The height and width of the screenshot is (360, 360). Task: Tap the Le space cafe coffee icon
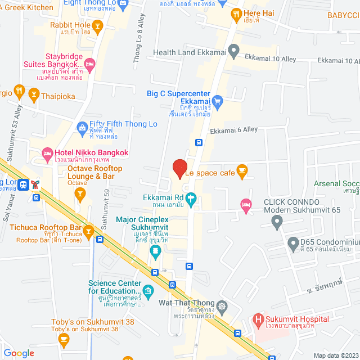[242, 173]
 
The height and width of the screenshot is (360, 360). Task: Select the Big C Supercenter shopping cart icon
[219, 101]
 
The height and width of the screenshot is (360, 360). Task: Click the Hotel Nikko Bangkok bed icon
[47, 152]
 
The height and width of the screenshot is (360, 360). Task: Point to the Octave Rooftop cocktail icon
[80, 194]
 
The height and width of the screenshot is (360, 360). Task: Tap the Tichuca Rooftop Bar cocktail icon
[89, 230]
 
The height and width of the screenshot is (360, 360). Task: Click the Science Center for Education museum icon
[148, 291]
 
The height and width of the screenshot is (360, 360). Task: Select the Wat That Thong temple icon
[223, 307]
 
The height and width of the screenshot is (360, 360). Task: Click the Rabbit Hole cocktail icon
[98, 25]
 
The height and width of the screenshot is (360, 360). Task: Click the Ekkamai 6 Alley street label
[233, 129]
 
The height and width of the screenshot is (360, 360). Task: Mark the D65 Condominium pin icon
[292, 244]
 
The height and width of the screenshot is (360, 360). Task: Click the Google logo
[19, 353]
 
